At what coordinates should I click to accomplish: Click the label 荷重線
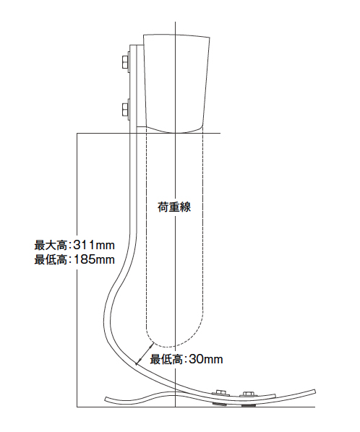174,207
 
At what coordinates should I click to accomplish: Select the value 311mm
94,245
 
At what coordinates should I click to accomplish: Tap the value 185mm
94,259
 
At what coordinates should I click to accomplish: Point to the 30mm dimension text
205,359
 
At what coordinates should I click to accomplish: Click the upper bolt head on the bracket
125,62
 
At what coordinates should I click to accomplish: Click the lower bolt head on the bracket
125,109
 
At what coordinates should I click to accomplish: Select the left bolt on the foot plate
220,393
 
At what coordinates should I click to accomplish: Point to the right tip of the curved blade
314,392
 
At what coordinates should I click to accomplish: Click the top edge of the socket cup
176,35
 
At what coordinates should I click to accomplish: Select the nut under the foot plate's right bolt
248,405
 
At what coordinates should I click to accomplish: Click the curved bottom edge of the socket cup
174,131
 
